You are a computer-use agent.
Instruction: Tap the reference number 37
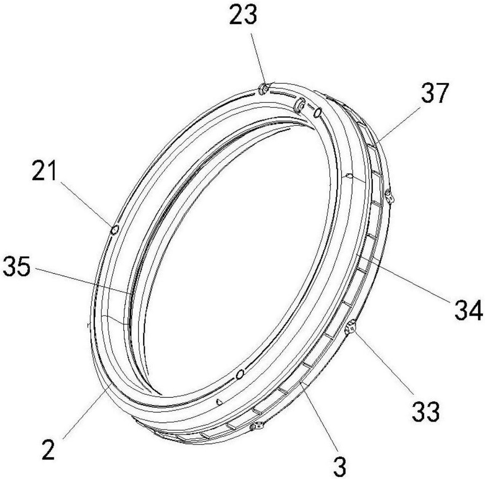(x=434, y=93)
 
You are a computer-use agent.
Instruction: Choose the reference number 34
(x=469, y=309)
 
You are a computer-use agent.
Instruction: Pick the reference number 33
(x=425, y=411)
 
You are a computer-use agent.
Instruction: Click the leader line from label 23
(x=257, y=58)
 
